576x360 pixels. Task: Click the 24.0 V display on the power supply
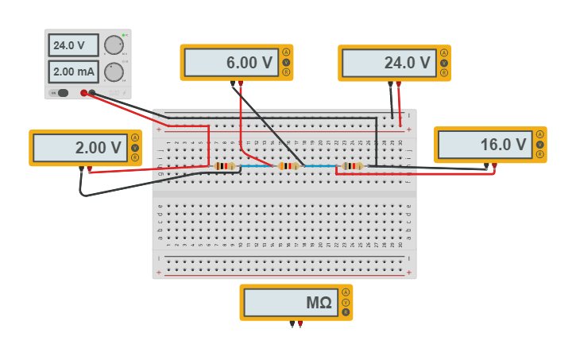pyautogui.click(x=73, y=45)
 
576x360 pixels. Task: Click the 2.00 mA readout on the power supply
pyautogui.click(x=73, y=72)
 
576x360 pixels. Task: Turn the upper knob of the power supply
pyautogui.click(x=114, y=45)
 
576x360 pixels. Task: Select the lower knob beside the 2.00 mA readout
pyautogui.click(x=114, y=72)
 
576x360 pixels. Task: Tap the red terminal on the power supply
pyautogui.click(x=83, y=93)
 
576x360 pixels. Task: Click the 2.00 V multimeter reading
pyautogui.click(x=79, y=148)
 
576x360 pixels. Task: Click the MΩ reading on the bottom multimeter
pyautogui.click(x=290, y=303)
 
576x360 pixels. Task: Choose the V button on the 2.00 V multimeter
pyautogui.click(x=135, y=147)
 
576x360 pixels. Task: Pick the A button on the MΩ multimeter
pyautogui.click(x=346, y=292)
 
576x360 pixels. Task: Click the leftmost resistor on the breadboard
pyautogui.click(x=226, y=166)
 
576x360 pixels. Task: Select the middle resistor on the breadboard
pyautogui.click(x=288, y=166)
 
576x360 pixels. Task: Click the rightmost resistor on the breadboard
pyautogui.click(x=351, y=166)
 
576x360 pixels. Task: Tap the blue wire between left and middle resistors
pyautogui.click(x=257, y=166)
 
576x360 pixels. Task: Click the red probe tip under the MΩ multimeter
pyautogui.click(x=300, y=324)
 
